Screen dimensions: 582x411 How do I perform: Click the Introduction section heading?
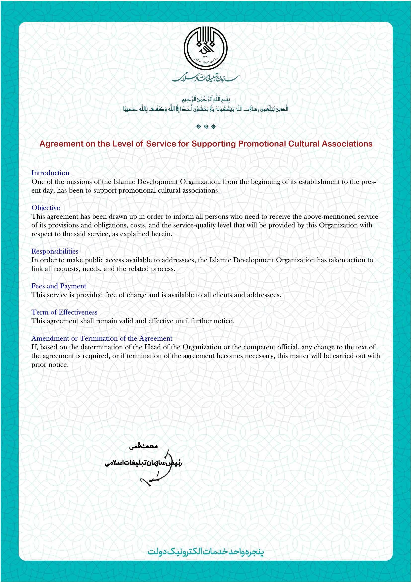[x=50, y=173]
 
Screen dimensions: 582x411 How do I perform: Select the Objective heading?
[x=45, y=208]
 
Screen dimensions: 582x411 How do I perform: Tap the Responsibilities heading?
[x=55, y=251]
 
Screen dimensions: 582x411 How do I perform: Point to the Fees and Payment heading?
[x=59, y=286]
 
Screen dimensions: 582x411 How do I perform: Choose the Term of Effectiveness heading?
[x=64, y=312]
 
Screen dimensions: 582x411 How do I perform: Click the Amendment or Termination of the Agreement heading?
[x=102, y=338]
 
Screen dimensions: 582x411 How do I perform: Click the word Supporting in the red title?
[x=214, y=144]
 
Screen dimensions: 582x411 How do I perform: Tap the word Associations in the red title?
[x=347, y=144]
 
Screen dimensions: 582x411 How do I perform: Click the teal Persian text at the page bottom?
[x=205, y=552]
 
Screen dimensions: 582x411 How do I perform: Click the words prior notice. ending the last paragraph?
[x=50, y=365]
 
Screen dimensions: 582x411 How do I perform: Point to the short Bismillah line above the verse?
[x=205, y=99]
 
